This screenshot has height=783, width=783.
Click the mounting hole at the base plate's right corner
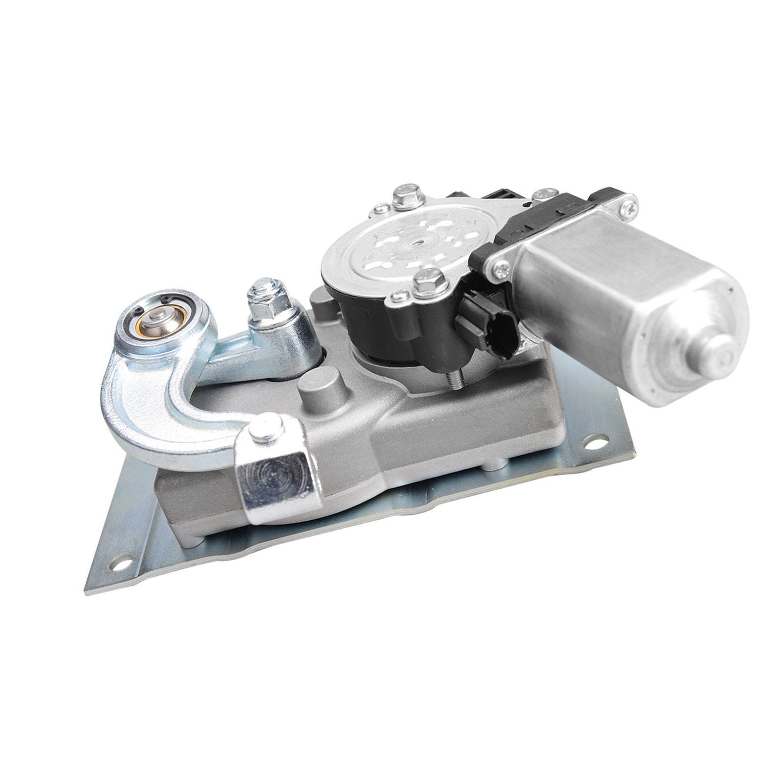click(x=598, y=443)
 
